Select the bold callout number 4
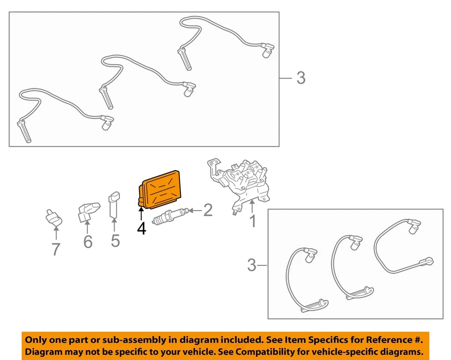click(x=141, y=228)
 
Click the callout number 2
click(x=208, y=210)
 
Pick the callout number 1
click(x=253, y=221)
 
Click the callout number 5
click(x=115, y=241)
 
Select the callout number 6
click(x=88, y=242)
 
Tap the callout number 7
click(x=56, y=249)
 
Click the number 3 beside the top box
click(x=301, y=78)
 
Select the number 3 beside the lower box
click(x=252, y=266)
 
